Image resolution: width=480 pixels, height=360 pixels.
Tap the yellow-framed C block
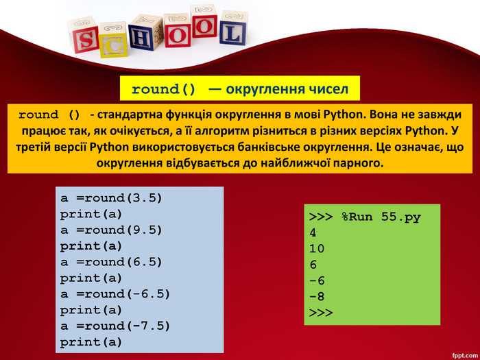(x=114, y=44)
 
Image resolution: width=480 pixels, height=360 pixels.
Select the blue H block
(x=141, y=37)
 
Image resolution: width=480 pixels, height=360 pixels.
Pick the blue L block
(x=232, y=31)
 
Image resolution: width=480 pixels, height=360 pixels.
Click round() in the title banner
(x=163, y=89)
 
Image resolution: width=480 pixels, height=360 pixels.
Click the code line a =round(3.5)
(x=112, y=198)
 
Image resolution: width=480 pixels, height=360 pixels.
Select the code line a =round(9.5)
(x=112, y=230)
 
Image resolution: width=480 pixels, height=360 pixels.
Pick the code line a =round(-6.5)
(x=115, y=293)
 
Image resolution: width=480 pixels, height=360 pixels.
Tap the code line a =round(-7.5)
(x=115, y=325)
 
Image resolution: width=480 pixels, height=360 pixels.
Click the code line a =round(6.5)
(x=112, y=261)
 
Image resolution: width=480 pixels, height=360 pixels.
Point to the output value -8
(x=317, y=296)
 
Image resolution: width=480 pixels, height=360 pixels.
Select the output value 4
(x=313, y=232)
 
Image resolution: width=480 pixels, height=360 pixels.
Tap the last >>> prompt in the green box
(x=321, y=312)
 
